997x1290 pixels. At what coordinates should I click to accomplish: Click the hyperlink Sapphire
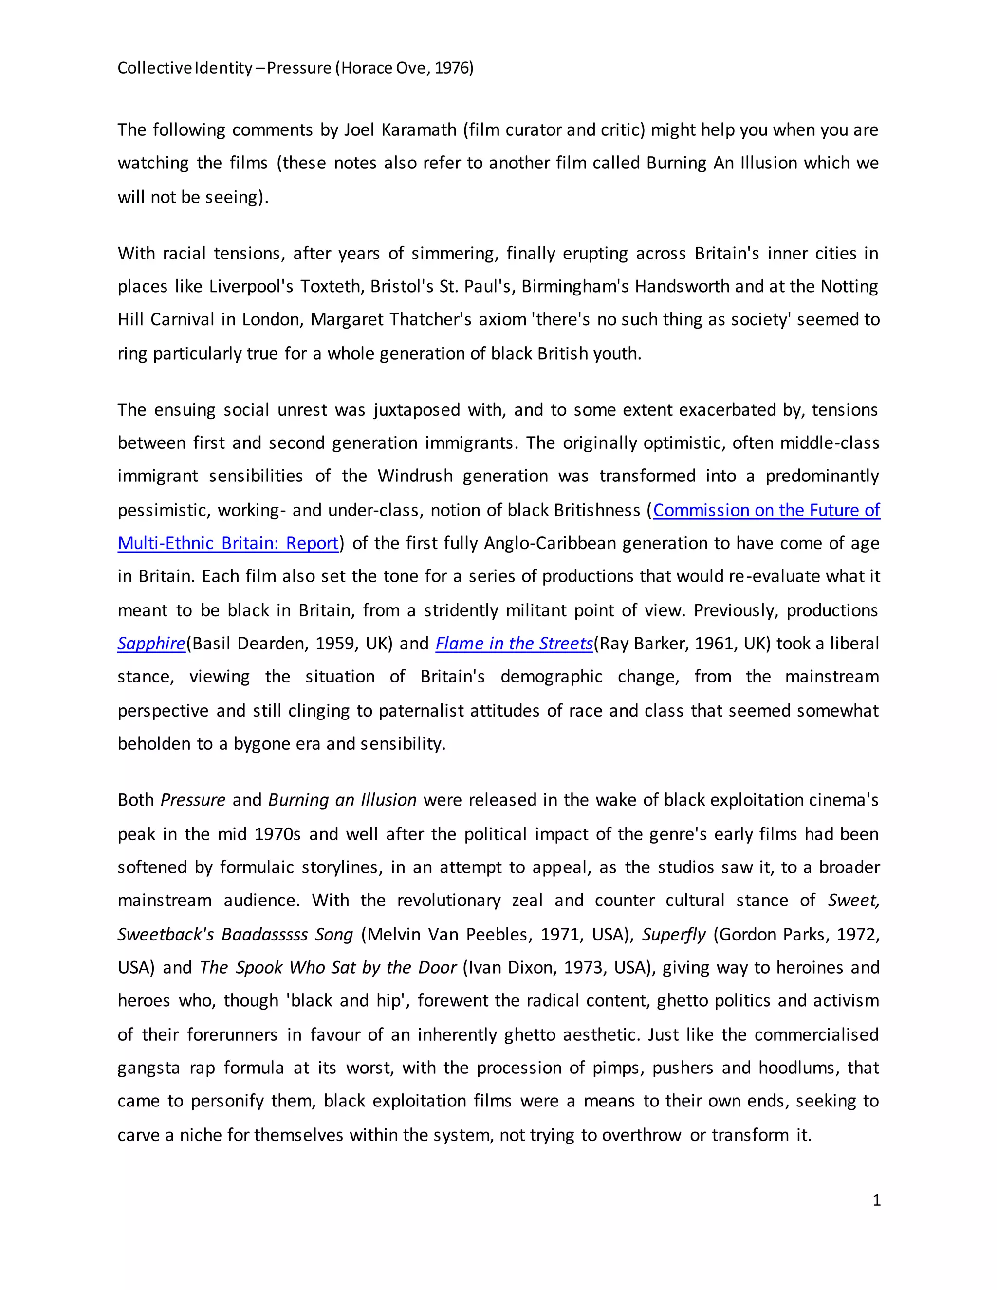click(151, 643)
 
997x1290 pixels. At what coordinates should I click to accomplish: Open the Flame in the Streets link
click(514, 643)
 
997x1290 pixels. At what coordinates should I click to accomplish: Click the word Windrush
click(415, 476)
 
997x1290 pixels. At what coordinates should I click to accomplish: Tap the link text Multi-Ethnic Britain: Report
click(228, 543)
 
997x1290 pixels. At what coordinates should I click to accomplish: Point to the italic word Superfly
click(674, 935)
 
